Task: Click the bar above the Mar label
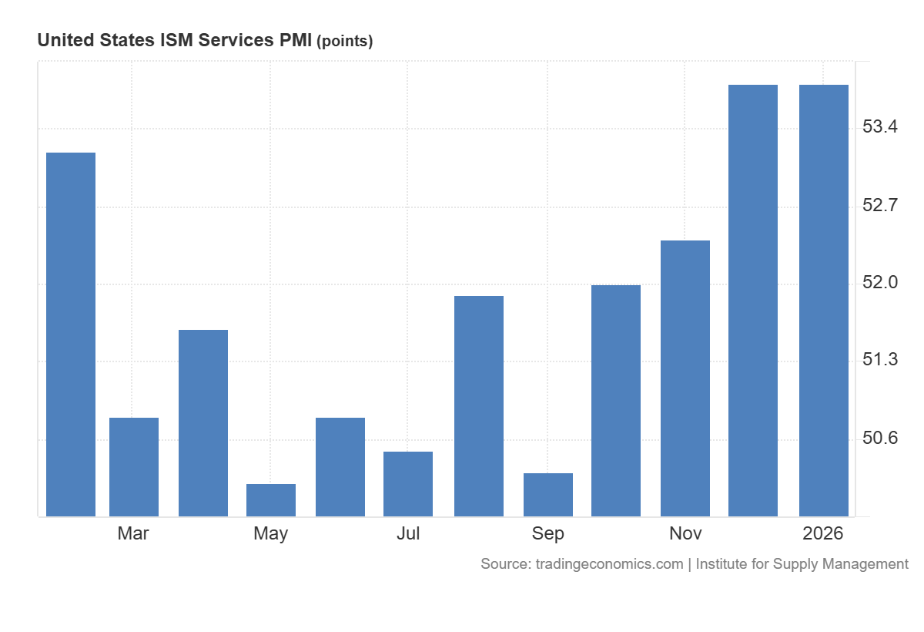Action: pyautogui.click(x=134, y=467)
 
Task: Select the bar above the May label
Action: pyautogui.click(x=271, y=500)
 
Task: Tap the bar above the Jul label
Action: pyautogui.click(x=408, y=484)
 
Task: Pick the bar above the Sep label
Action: pyautogui.click(x=548, y=495)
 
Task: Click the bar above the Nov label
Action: pyautogui.click(x=685, y=378)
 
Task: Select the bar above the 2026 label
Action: pyautogui.click(x=824, y=301)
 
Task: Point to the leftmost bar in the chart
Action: pyautogui.click(x=71, y=334)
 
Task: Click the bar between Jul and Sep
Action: pyautogui.click(x=479, y=406)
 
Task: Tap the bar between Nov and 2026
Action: pyautogui.click(x=753, y=301)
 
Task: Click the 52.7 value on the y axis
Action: pyautogui.click(x=880, y=206)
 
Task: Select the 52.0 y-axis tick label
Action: pyautogui.click(x=880, y=283)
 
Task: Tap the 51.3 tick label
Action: pyautogui.click(x=880, y=360)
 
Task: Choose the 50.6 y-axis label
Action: pyautogui.click(x=880, y=439)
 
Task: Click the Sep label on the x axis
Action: pyautogui.click(x=548, y=533)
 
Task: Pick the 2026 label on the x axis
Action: pyautogui.click(x=823, y=533)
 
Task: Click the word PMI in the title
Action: pyautogui.click(x=295, y=41)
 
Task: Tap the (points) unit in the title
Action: pyautogui.click(x=345, y=42)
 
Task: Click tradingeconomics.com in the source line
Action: pyautogui.click(x=609, y=564)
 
